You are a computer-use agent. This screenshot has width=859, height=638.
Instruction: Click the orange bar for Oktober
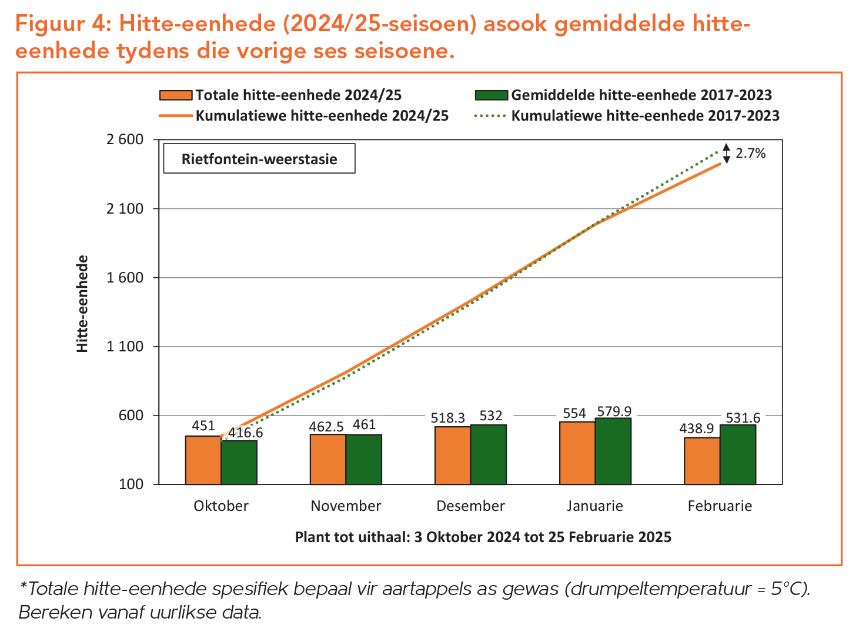click(x=203, y=460)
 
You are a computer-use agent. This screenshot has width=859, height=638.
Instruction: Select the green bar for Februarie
click(x=737, y=454)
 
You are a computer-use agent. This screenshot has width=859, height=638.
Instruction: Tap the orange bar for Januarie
click(x=577, y=453)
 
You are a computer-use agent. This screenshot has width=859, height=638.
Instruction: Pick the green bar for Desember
click(x=488, y=454)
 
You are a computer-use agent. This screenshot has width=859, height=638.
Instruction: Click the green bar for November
click(x=363, y=459)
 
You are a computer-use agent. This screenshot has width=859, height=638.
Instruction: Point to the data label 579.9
click(x=614, y=411)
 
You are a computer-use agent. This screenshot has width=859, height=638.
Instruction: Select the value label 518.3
click(x=447, y=418)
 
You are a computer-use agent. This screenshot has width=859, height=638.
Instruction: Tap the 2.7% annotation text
click(x=751, y=154)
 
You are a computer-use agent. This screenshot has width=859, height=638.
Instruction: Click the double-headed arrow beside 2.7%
click(x=726, y=154)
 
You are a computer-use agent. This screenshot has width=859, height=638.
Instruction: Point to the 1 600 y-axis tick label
click(x=125, y=278)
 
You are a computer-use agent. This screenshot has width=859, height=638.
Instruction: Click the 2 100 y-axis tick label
click(x=125, y=209)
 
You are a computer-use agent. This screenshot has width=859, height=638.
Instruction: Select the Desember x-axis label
click(x=470, y=506)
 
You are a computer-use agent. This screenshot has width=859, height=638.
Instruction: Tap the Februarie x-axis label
click(x=720, y=506)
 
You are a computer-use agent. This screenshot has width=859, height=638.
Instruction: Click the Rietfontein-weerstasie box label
click(x=259, y=159)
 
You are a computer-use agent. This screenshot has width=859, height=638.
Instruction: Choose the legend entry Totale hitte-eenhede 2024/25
click(x=298, y=95)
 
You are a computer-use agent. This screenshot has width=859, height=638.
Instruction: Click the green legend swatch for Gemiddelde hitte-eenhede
click(x=490, y=95)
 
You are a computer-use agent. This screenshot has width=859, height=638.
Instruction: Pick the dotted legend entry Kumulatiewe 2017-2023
click(x=645, y=115)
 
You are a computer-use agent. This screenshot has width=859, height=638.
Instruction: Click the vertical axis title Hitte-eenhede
click(x=83, y=304)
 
